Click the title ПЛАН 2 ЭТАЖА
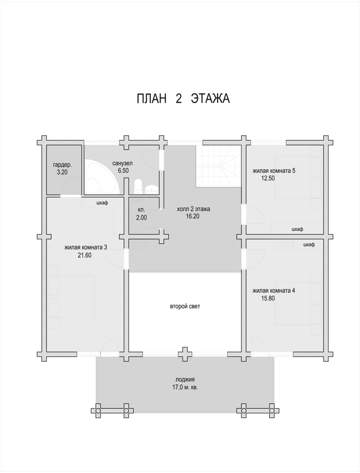(x=183, y=98)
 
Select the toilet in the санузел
(x=137, y=185)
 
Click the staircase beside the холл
(x=218, y=166)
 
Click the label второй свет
(x=185, y=307)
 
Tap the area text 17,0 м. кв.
(x=185, y=387)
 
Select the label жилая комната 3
(x=85, y=248)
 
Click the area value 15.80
(x=268, y=299)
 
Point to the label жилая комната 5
(x=274, y=171)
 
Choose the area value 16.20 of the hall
(x=192, y=216)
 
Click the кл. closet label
(x=141, y=210)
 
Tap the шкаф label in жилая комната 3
(x=102, y=203)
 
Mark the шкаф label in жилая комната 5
(x=297, y=229)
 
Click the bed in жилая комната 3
(x=71, y=297)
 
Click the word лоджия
(x=185, y=380)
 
